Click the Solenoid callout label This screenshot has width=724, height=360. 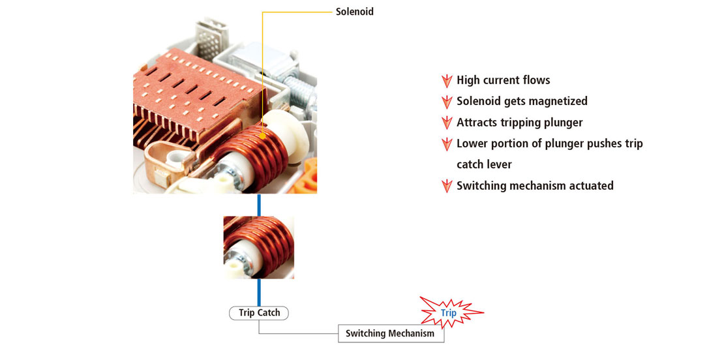(355, 12)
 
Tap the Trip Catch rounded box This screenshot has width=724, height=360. (259, 313)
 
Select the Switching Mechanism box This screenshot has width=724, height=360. (390, 333)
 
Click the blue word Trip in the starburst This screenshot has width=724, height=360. (448, 313)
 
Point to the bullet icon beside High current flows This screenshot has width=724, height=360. (447, 81)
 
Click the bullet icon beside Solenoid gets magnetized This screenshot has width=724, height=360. (447, 102)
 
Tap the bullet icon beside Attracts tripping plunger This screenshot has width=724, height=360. (447, 123)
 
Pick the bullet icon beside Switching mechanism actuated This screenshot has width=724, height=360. (447, 186)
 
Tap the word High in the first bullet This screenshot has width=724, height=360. (468, 80)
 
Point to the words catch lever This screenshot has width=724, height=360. (484, 164)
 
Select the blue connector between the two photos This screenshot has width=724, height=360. (259, 204)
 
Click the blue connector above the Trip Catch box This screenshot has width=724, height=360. (259, 292)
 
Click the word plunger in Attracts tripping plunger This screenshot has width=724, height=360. (563, 123)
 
